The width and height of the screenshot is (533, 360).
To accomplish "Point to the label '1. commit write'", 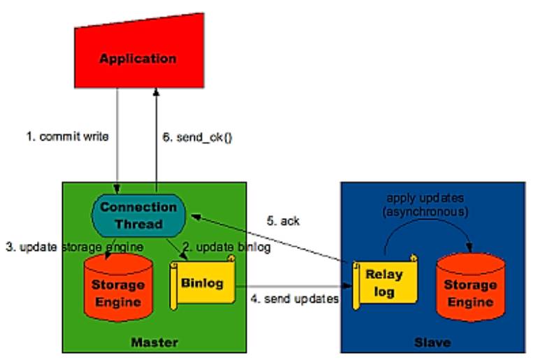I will coord(68,137).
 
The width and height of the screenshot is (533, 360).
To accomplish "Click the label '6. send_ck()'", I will coord(198,138).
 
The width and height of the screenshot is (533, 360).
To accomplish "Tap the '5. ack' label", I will coord(284,221).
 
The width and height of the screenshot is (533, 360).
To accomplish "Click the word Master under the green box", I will coord(154,343).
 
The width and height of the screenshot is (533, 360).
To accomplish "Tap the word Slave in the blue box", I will coord(432,343).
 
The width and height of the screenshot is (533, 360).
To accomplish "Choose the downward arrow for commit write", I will coord(117,140).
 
